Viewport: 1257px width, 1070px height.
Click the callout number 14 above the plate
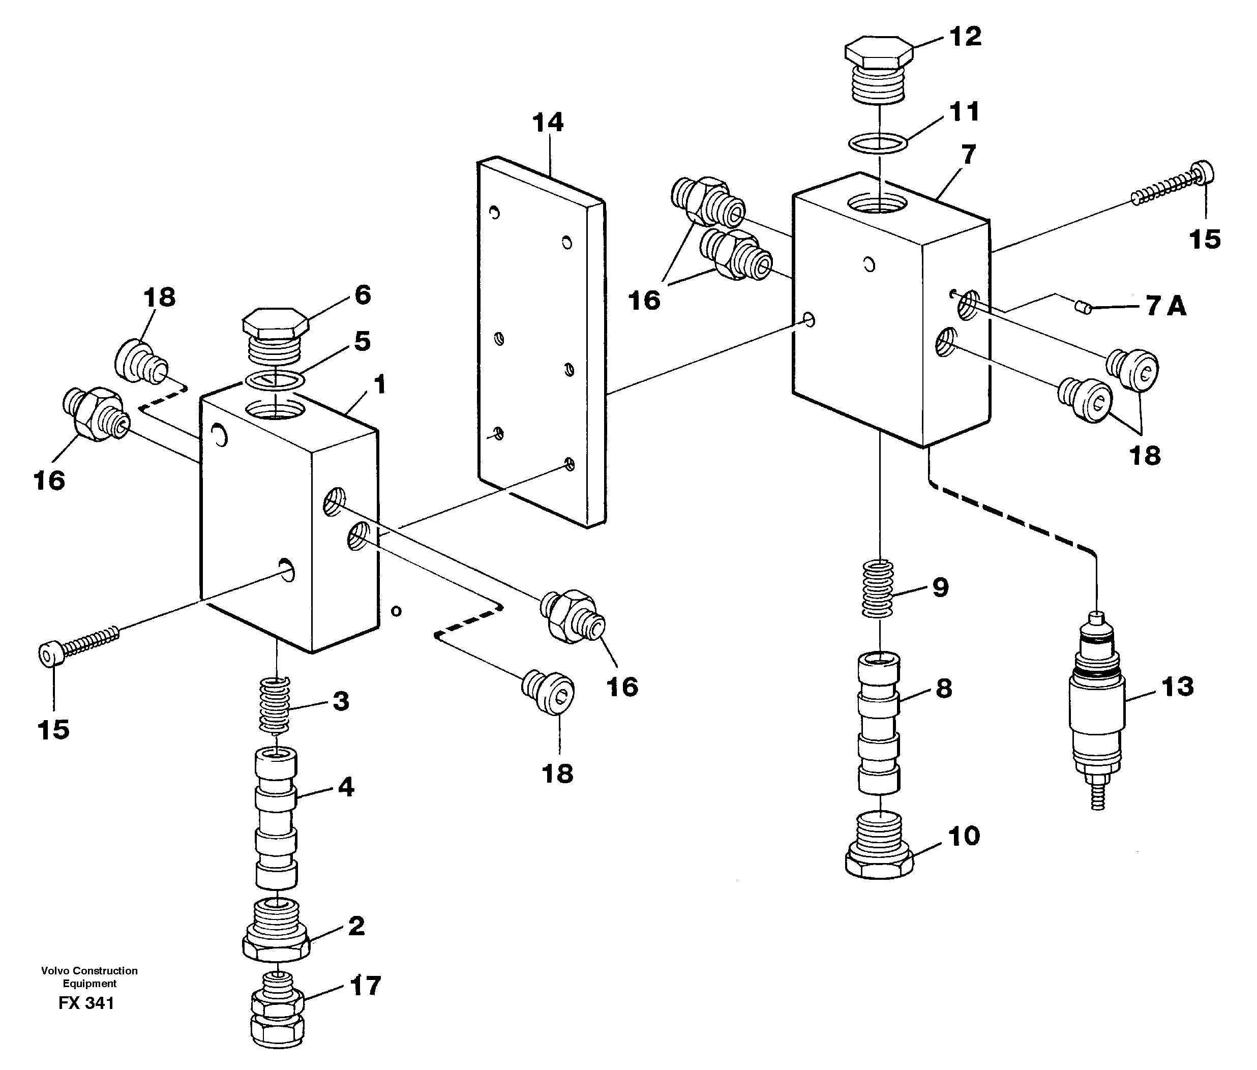pos(548,123)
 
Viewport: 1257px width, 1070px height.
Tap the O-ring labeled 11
pos(878,144)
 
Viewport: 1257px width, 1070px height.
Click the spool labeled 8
pos(878,722)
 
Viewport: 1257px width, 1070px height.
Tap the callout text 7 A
pos(1165,306)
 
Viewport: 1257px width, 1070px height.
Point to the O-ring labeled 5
pos(275,380)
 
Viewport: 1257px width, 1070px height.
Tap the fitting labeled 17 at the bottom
pos(277,1009)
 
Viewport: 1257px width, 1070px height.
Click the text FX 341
pos(86,1003)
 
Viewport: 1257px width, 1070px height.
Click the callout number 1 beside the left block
pos(379,384)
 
